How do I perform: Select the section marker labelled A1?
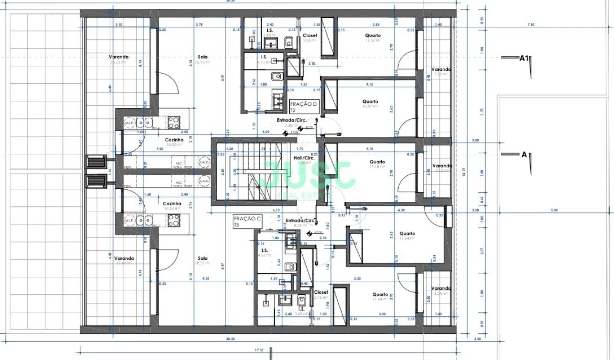point(523,58)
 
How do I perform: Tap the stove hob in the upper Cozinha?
point(173,122)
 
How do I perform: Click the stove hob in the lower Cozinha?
point(173,220)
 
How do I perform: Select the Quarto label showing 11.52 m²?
point(373,38)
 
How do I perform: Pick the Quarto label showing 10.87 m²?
point(370,104)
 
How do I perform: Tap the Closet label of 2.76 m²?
point(320,294)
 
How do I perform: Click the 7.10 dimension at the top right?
point(530,25)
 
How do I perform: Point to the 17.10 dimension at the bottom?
point(259,351)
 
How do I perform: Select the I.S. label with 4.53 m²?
point(264,252)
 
